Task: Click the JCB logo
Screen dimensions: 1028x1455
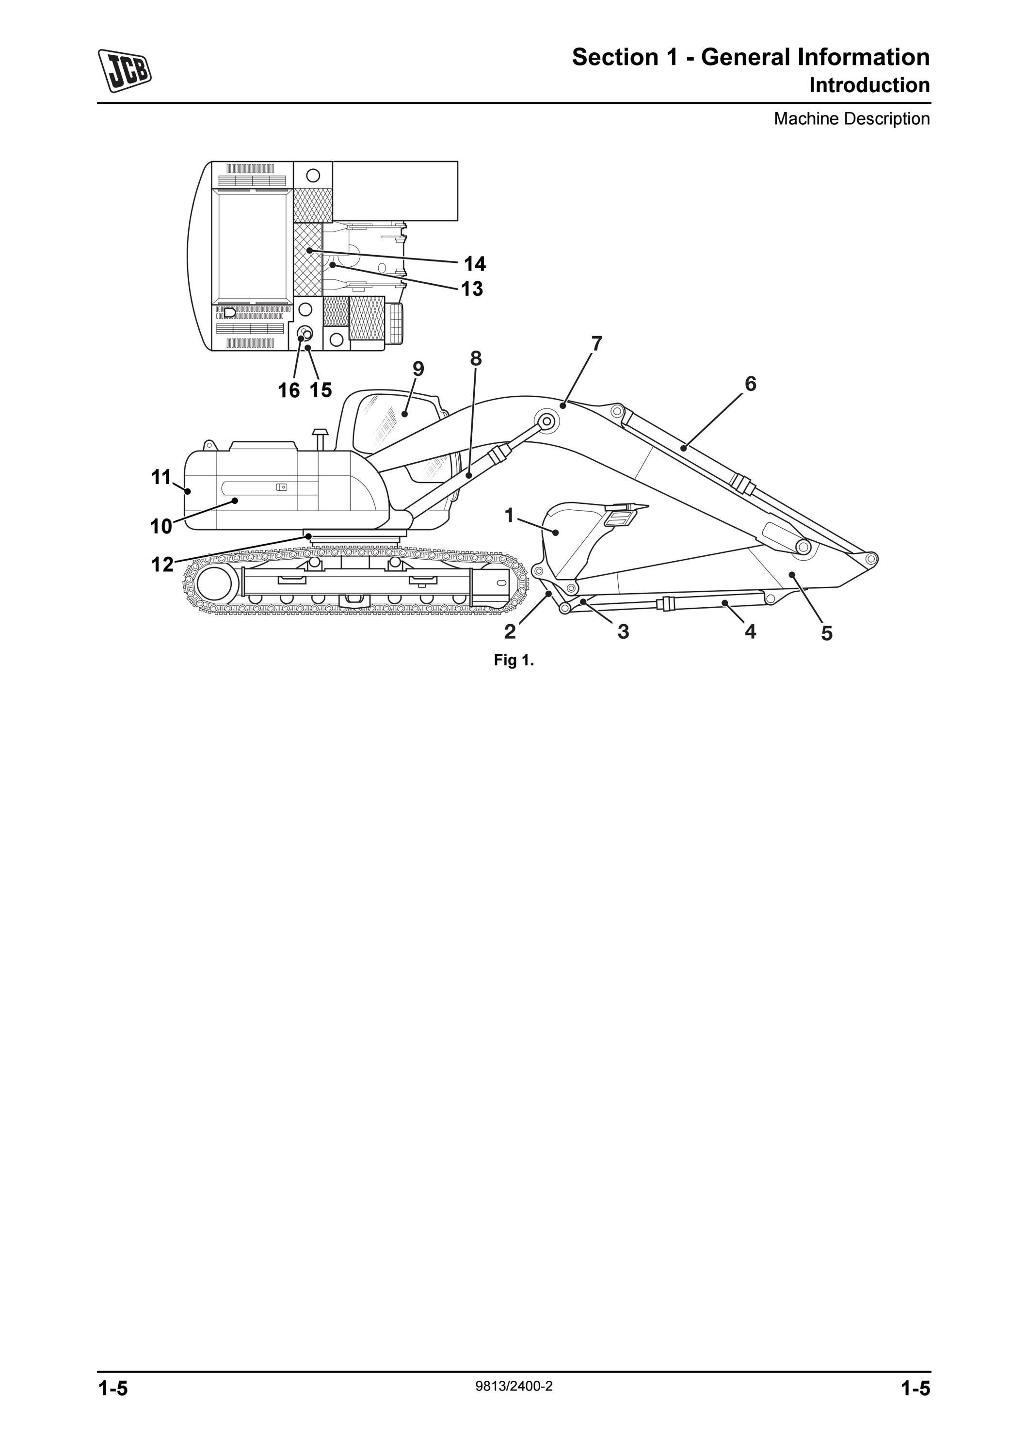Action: tap(125, 71)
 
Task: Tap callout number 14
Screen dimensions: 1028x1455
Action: tap(474, 264)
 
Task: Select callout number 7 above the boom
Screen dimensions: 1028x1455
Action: tap(596, 343)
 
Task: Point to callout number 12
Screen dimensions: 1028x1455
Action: tap(161, 564)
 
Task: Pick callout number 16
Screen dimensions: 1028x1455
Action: tap(289, 390)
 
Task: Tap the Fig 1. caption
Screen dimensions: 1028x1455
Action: tap(514, 661)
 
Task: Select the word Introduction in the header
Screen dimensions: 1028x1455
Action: tap(869, 85)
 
